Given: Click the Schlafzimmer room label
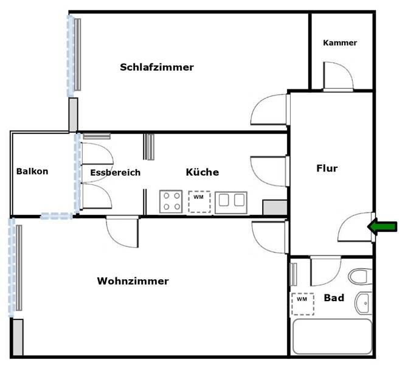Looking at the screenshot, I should pyautogui.click(x=157, y=67).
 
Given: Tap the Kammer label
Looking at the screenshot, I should pyautogui.click(x=340, y=43).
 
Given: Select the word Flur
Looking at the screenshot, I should pyautogui.click(x=327, y=169).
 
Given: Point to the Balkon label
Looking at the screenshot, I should pyautogui.click(x=32, y=172).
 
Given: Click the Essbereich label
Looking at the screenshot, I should pyautogui.click(x=115, y=173).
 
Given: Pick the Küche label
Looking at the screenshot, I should pyautogui.click(x=202, y=172).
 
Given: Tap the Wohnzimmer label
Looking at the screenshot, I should pyautogui.click(x=133, y=281).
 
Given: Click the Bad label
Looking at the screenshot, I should pyautogui.click(x=334, y=298).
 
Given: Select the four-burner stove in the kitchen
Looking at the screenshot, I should pyautogui.click(x=171, y=202).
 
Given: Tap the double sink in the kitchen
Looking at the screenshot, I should pyautogui.click(x=231, y=202).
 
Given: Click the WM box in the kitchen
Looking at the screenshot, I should pyautogui.click(x=199, y=201).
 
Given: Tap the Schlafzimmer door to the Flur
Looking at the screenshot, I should pyautogui.click(x=269, y=109).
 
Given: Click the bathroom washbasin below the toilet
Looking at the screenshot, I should pyautogui.click(x=363, y=301).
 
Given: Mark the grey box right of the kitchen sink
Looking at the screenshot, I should pyautogui.click(x=274, y=207).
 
